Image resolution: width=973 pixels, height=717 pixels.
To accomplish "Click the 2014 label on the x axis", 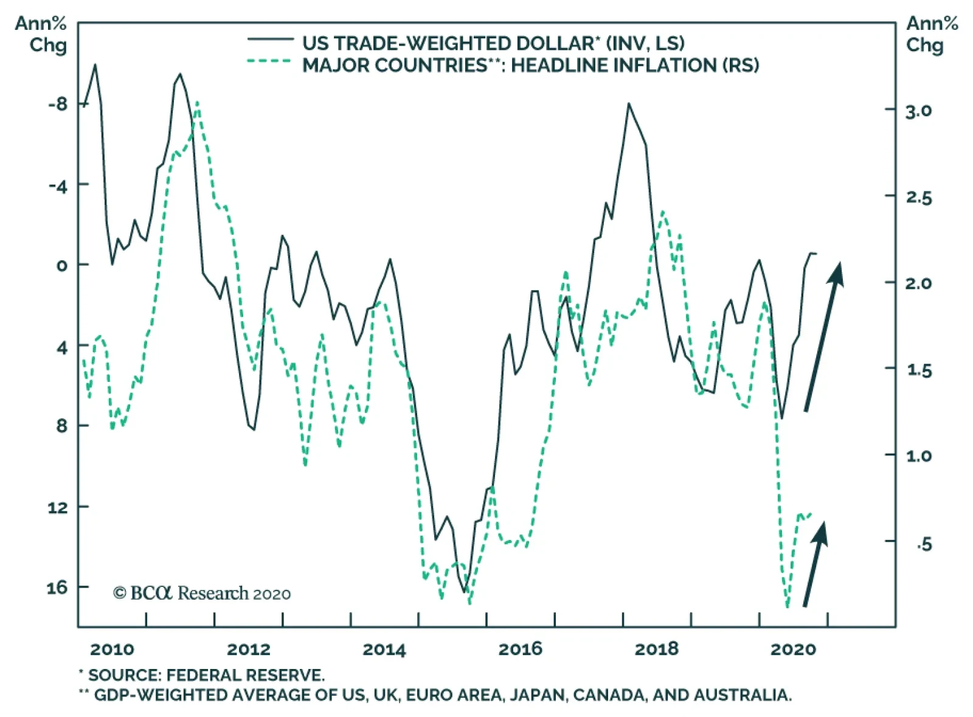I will (384, 649).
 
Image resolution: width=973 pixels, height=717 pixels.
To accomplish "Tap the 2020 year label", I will (793, 649).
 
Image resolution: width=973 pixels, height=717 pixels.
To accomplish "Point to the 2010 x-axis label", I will (112, 649).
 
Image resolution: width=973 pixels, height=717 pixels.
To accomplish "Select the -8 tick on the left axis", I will (58, 104).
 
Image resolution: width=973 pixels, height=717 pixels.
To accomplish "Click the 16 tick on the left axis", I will (57, 587).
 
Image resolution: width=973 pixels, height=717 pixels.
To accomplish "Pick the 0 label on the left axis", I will (61, 266).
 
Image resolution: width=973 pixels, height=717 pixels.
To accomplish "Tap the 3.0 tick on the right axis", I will (918, 111).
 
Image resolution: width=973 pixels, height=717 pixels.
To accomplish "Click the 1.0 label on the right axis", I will (918, 456).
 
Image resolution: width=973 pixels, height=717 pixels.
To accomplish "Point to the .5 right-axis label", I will (923, 544).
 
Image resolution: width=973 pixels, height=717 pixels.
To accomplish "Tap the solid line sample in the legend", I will (270, 40).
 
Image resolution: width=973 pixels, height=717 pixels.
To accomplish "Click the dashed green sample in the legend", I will (270, 61).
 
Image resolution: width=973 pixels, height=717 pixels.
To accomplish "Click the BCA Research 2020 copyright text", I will (202, 593).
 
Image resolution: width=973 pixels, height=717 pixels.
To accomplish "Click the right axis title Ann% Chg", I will (930, 34).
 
